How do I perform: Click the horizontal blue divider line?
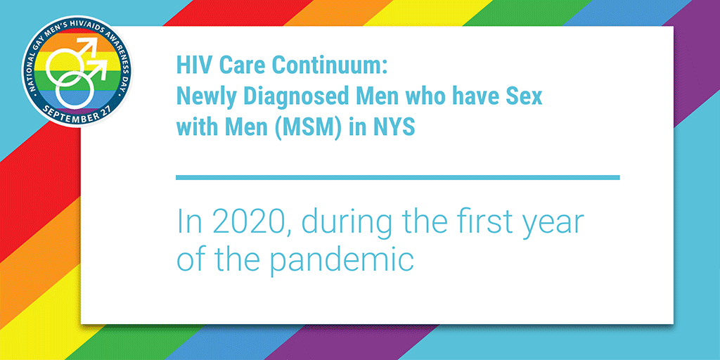(398, 177)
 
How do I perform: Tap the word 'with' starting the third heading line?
(194, 127)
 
